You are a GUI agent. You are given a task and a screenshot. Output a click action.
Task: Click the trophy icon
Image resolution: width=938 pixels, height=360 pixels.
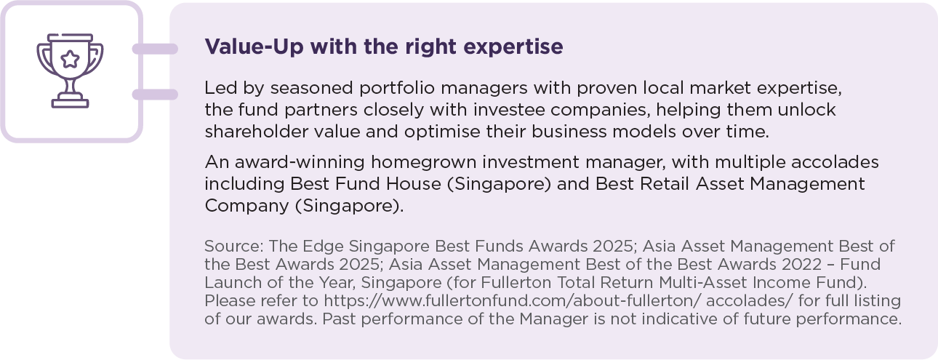click(70, 71)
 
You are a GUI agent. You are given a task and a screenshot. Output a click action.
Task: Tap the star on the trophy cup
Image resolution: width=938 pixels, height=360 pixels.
click(70, 56)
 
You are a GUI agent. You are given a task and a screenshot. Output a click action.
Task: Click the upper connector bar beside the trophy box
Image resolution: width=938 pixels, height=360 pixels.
click(155, 49)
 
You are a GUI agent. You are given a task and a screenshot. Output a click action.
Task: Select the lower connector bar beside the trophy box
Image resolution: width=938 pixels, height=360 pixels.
click(155, 95)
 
